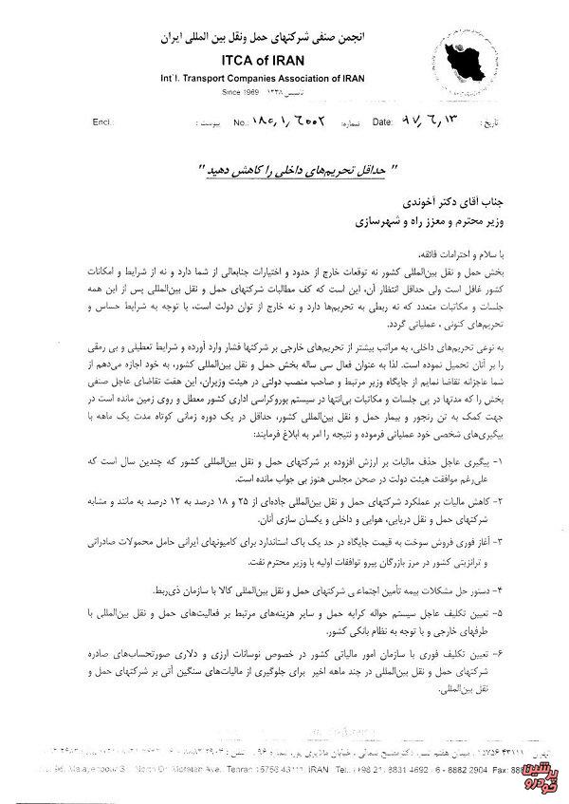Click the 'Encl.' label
tap(101, 122)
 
